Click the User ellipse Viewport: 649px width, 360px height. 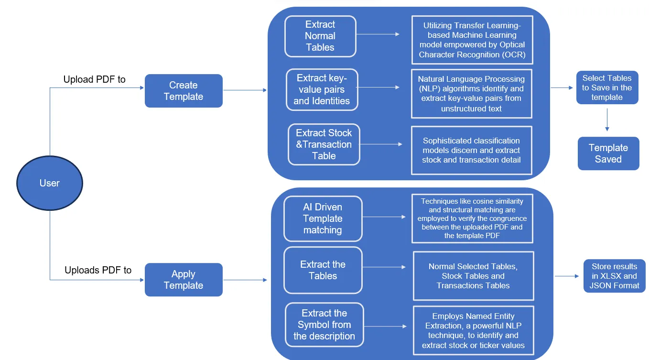[x=50, y=183]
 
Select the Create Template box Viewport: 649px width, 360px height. [x=184, y=91]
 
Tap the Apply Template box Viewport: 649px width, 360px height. [x=184, y=280]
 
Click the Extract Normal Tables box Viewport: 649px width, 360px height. [x=320, y=36]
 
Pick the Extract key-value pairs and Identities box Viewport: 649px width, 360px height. [x=322, y=89]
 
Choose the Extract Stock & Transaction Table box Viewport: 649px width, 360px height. [x=324, y=144]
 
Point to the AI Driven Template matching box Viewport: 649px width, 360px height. [x=323, y=218]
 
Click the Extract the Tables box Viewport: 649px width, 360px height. [x=323, y=270]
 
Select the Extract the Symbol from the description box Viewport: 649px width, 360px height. [x=324, y=325]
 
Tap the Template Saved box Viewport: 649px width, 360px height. [x=608, y=153]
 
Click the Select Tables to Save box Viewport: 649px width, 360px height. [x=607, y=87]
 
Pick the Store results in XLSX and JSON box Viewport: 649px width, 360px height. [x=614, y=276]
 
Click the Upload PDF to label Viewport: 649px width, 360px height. [x=95, y=79]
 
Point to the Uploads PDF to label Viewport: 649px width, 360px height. [x=98, y=270]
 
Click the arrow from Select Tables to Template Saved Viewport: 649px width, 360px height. [x=607, y=120]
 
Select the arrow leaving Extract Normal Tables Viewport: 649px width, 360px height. [x=378, y=34]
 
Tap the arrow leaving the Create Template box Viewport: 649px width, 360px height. [x=245, y=90]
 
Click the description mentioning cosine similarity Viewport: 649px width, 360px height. [x=472, y=218]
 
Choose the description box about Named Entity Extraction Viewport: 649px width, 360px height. [x=473, y=330]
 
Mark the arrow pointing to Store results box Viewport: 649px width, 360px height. [x=567, y=276]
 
